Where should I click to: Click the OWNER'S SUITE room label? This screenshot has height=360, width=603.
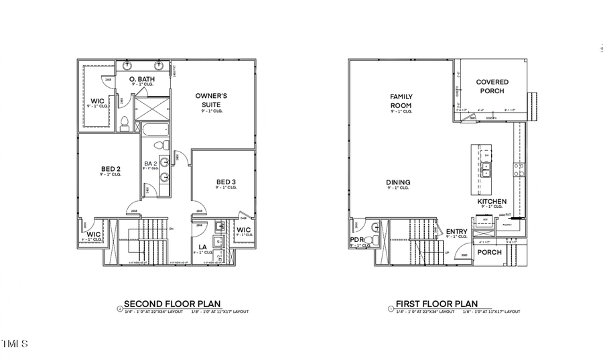point(211,100)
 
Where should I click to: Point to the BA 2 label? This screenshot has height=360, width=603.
point(151,164)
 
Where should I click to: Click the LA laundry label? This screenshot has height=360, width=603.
point(203,247)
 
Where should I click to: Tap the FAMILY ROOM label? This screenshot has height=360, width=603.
point(401,101)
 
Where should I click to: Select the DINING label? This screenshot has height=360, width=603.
point(398,182)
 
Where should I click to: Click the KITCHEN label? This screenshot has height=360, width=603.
point(492,201)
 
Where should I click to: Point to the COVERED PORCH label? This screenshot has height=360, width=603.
point(492,86)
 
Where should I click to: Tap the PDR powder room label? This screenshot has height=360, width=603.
point(355,240)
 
